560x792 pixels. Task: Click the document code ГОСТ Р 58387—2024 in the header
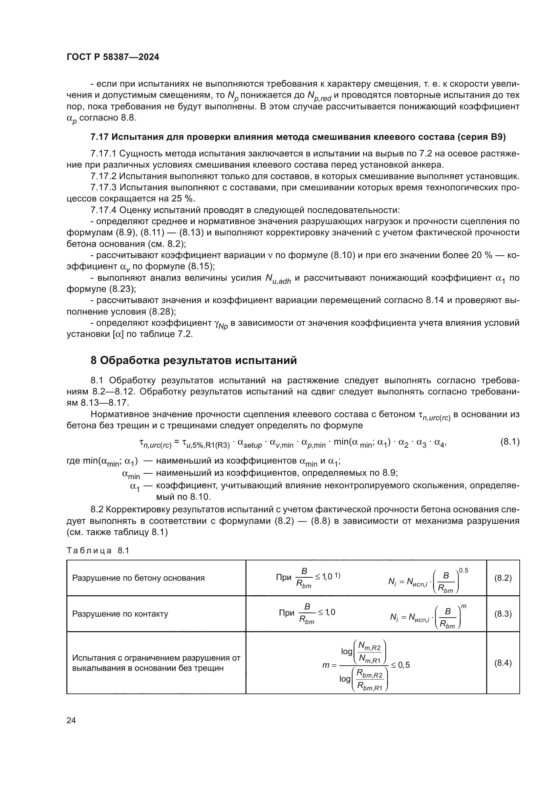[x=113, y=57]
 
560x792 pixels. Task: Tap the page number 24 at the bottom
[x=71, y=720]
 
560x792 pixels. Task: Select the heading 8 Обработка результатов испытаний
[x=193, y=361]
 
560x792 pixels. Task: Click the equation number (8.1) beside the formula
[x=510, y=442]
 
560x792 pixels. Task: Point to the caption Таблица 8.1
[x=98, y=551]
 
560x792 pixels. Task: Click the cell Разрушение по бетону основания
[x=138, y=578]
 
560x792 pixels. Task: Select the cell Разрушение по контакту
[x=120, y=614]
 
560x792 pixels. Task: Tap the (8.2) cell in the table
[x=503, y=578]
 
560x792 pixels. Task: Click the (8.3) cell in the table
[x=503, y=614]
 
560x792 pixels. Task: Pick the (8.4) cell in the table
[x=503, y=663]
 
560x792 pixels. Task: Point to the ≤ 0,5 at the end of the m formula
[x=400, y=665]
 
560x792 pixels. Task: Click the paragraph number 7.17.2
[x=104, y=176]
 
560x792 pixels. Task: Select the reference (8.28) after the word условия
[x=162, y=312]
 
